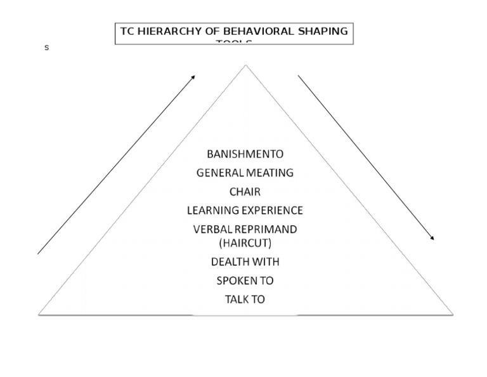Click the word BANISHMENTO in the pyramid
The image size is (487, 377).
tap(245, 154)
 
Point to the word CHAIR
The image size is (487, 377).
tap(245, 192)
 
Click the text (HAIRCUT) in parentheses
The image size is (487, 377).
tap(245, 242)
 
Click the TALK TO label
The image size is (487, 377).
tap(245, 299)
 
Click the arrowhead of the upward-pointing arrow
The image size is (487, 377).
tap(193, 77)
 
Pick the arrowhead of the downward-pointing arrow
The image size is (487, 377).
tap(432, 239)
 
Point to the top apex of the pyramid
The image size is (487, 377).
tap(245, 65)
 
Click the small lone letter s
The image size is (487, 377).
tap(46, 48)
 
